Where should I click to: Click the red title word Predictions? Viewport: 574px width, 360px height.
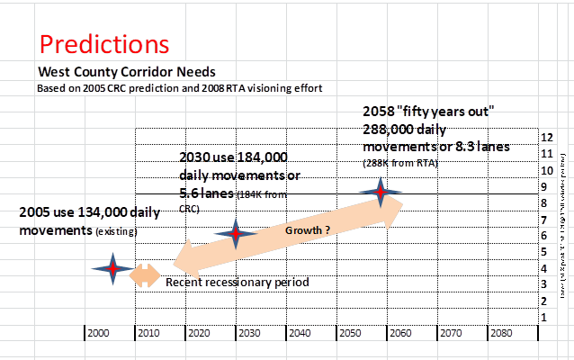(104, 44)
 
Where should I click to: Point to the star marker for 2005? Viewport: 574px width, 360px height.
(112, 269)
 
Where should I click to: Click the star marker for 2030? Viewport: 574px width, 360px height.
(236, 234)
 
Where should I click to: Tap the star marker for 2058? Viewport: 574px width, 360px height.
(381, 193)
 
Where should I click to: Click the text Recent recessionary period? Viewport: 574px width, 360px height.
(238, 283)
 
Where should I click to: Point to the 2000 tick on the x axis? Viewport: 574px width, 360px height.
(101, 332)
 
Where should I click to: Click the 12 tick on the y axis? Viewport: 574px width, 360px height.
(546, 138)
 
